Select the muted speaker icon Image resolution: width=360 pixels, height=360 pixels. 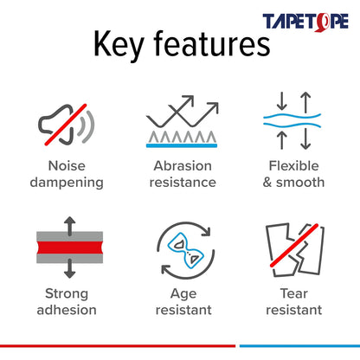tap(65, 124)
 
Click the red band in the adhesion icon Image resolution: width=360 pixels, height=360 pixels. tap(66, 247)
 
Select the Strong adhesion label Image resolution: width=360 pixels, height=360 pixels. tap(66, 299)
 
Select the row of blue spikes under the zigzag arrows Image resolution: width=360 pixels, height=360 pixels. tap(179, 138)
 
